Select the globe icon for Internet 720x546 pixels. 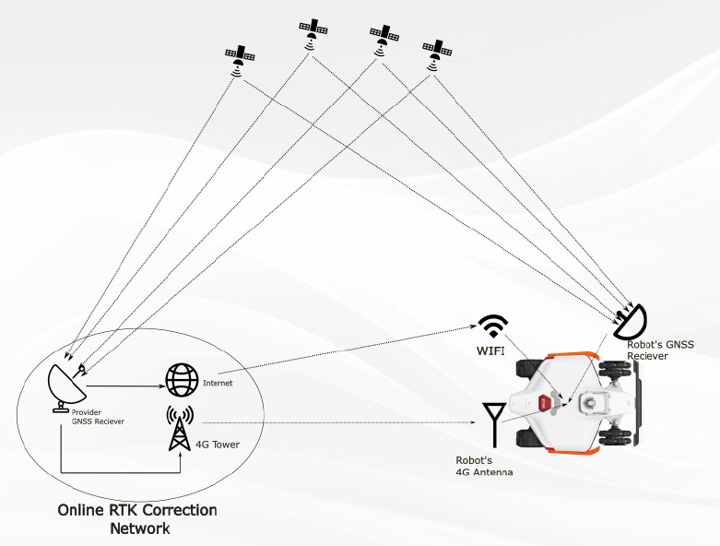[x=182, y=379]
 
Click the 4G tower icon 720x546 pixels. [x=181, y=429]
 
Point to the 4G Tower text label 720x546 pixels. [x=217, y=445]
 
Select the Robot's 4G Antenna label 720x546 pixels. [x=484, y=466]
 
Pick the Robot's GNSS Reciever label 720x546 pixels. [x=660, y=349]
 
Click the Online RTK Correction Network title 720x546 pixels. [x=137, y=519]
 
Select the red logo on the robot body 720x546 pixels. [x=546, y=403]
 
